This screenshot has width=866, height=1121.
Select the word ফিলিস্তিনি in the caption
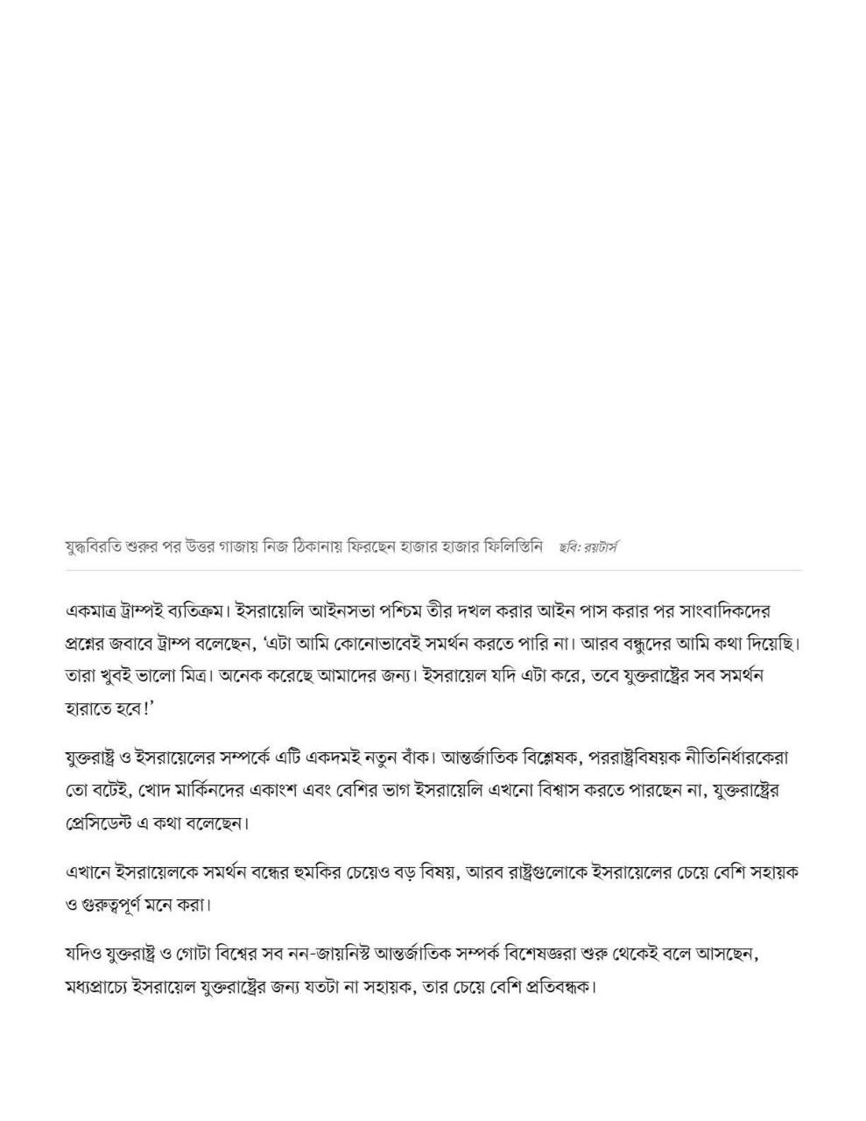[x=506, y=547]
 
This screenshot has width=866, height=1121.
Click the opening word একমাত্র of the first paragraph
[x=97, y=610]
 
